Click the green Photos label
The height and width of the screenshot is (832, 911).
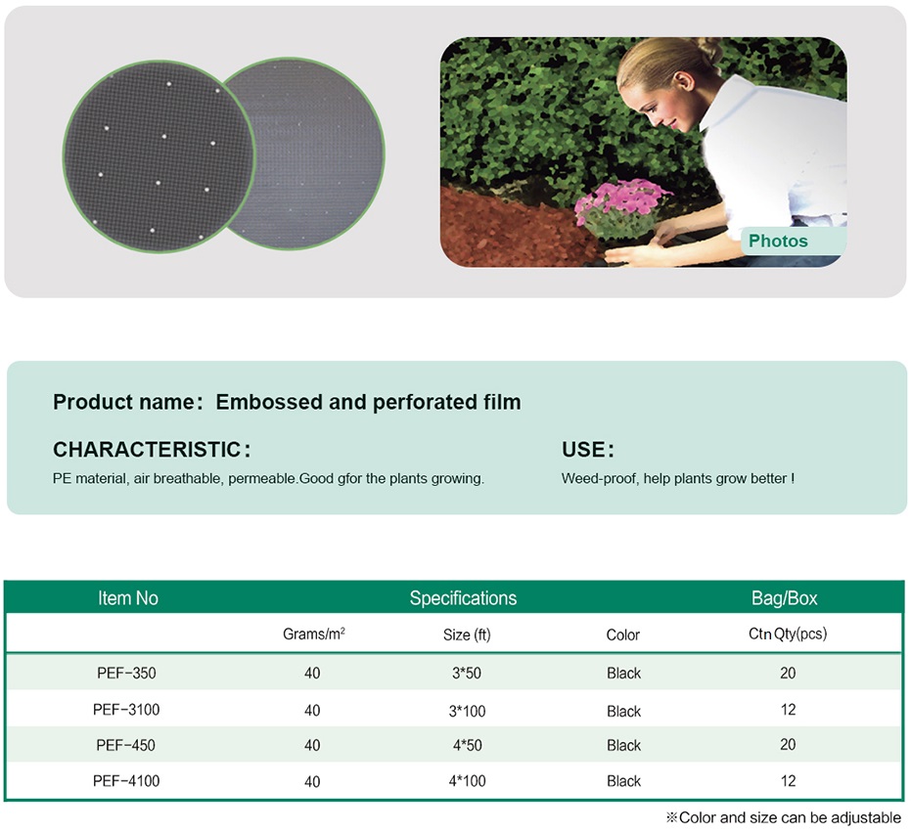[777, 241]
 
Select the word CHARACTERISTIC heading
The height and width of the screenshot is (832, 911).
[147, 450]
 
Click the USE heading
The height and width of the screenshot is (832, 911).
[583, 450]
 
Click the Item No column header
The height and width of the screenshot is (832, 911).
[128, 598]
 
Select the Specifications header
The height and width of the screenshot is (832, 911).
[463, 598]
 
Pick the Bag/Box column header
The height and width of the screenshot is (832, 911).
[785, 598]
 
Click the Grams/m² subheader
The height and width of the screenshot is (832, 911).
[314, 634]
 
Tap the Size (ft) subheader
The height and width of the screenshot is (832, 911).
[467, 635]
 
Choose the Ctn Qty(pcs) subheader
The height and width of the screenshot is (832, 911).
[788, 634]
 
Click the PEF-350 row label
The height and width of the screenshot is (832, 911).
[126, 673]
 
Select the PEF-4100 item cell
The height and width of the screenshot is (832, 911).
[126, 781]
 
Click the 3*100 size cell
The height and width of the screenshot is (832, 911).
[467, 711]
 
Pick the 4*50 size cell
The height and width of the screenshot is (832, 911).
[467, 745]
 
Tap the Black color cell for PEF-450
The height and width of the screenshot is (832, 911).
[623, 745]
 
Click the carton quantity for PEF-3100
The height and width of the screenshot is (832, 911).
[788, 710]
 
